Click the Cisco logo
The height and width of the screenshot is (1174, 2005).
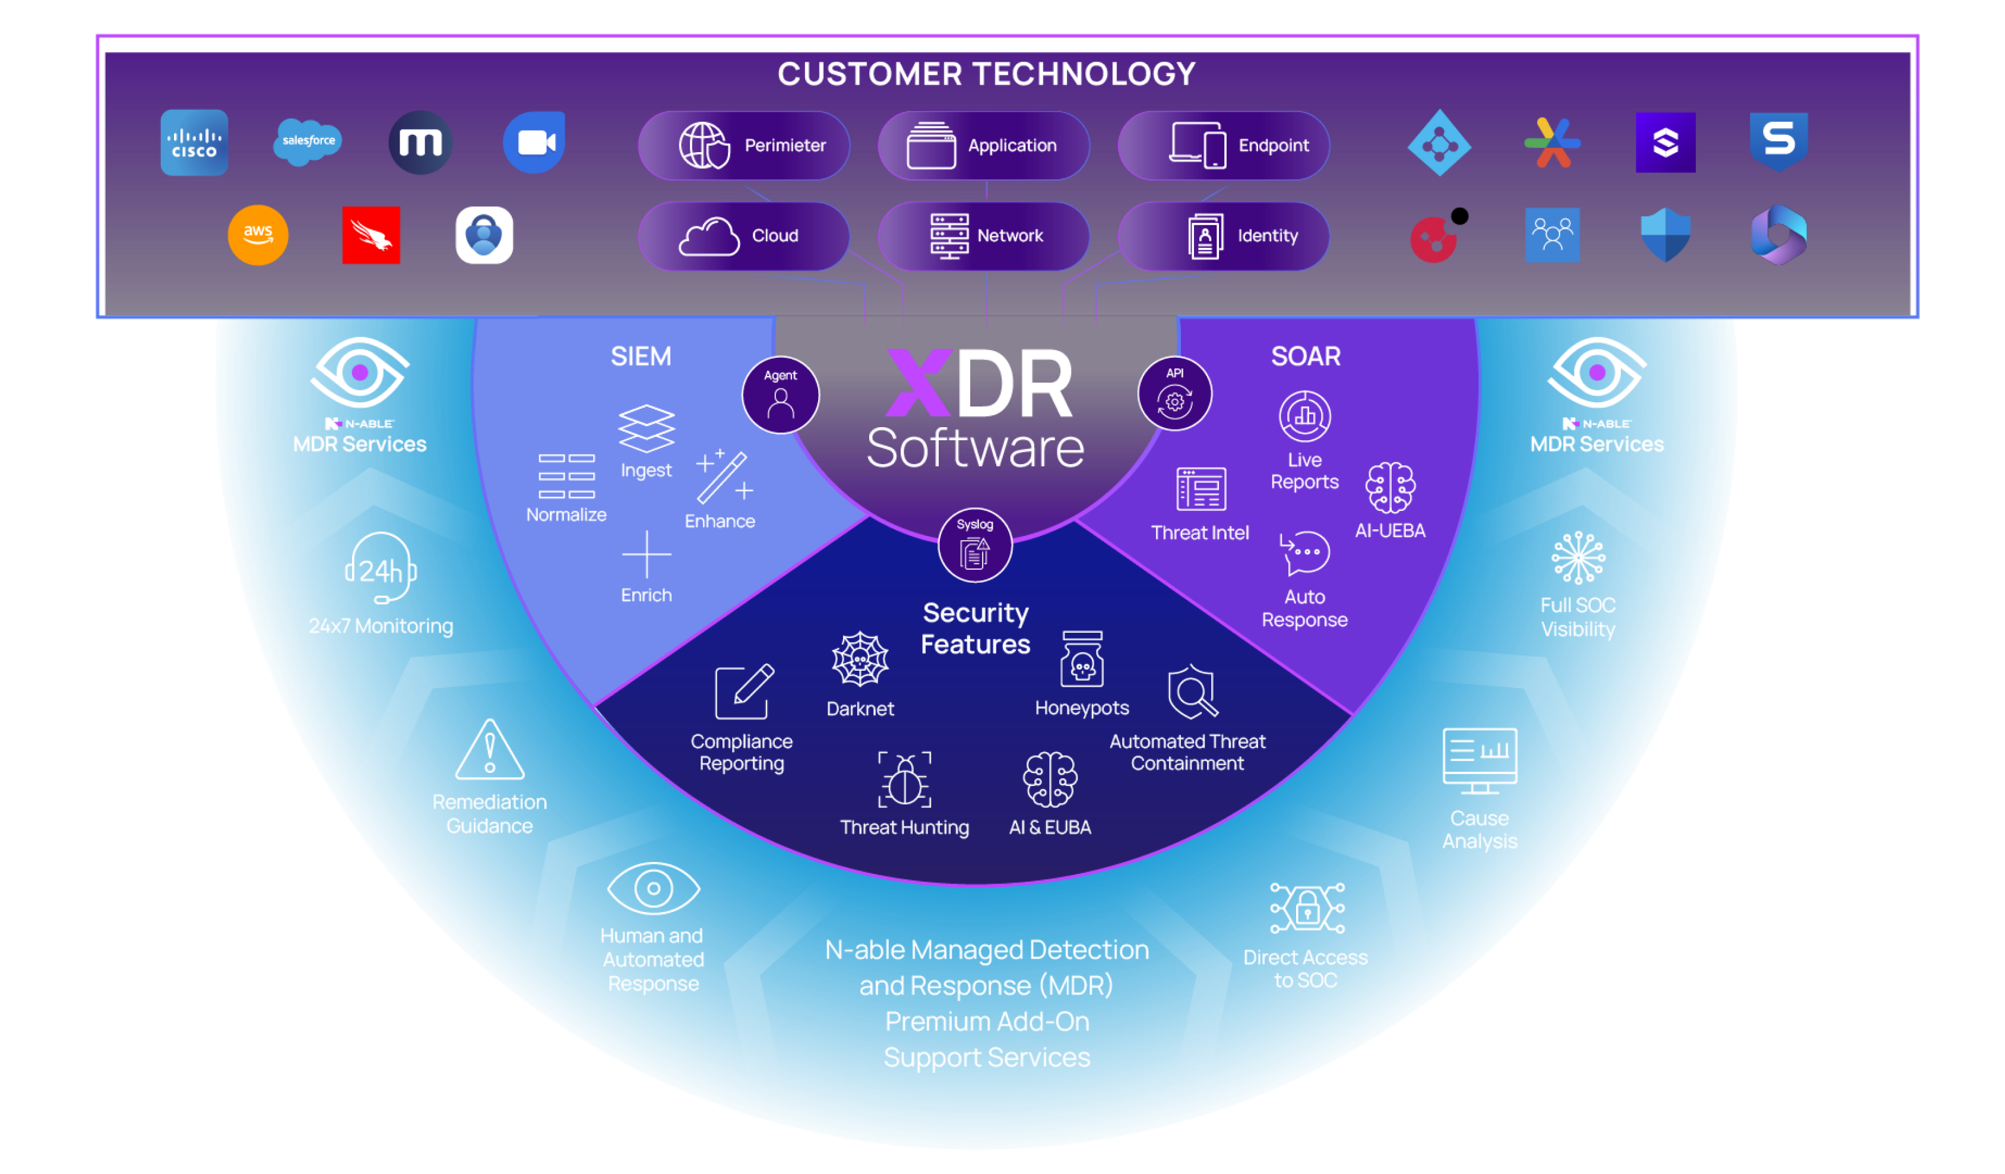(x=194, y=143)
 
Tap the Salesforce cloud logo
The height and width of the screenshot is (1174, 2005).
(x=308, y=141)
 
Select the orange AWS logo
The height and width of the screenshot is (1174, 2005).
(x=258, y=235)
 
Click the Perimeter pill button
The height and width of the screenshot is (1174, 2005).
(x=744, y=146)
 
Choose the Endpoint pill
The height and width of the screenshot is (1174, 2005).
(x=1224, y=146)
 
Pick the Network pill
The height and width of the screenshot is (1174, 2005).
(x=984, y=236)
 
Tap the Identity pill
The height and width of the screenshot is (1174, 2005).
(x=1224, y=236)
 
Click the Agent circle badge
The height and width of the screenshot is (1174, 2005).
(x=781, y=395)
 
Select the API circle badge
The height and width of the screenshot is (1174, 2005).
(x=1174, y=394)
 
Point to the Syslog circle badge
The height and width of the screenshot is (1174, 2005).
(x=975, y=545)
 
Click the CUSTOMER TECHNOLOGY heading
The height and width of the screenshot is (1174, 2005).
(x=987, y=74)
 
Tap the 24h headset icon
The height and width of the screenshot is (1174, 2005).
(x=381, y=569)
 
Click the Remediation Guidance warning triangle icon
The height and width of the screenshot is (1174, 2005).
(x=490, y=750)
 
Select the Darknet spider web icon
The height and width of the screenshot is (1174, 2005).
(x=860, y=659)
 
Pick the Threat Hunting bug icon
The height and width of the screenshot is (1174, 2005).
(x=905, y=780)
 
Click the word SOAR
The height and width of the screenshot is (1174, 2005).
(x=1306, y=356)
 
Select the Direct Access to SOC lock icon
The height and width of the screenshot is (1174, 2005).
(x=1307, y=908)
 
